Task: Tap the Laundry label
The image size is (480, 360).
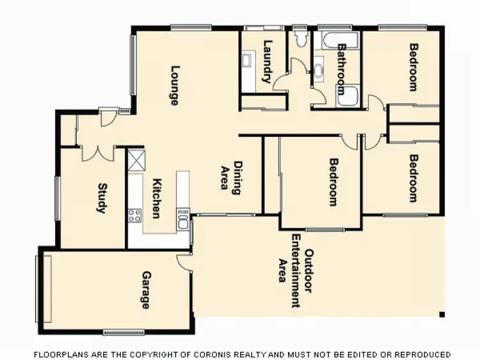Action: pyautogui.click(x=268, y=62)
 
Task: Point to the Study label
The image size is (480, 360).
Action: pyautogui.click(x=102, y=199)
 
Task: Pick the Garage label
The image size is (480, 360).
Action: pyautogui.click(x=146, y=290)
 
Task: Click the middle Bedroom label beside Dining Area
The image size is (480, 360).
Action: pyautogui.click(x=333, y=182)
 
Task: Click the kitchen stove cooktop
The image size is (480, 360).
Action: pyautogui.click(x=135, y=215)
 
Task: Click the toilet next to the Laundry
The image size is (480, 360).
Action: pyautogui.click(x=300, y=37)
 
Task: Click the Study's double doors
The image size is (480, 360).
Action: pyautogui.click(x=98, y=153)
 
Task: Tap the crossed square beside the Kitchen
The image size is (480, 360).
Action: pyautogui.click(x=136, y=159)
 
